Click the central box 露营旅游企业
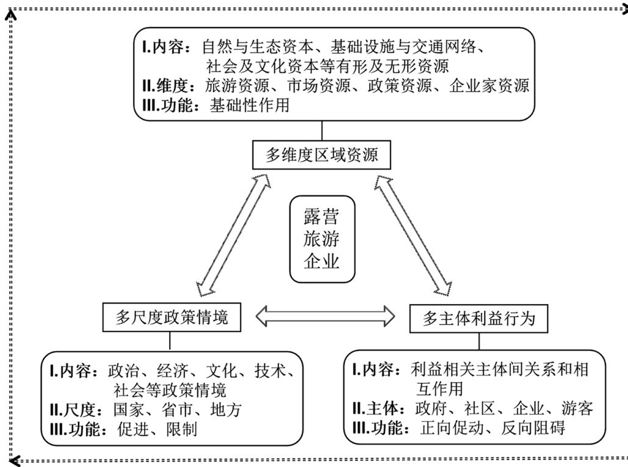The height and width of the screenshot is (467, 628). pyautogui.click(x=321, y=239)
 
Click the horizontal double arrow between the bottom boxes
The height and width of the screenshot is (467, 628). pyautogui.click(x=322, y=316)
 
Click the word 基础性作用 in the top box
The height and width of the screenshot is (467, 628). pyautogui.click(x=249, y=104)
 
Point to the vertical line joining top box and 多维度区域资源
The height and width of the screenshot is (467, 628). pyautogui.click(x=322, y=131)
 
